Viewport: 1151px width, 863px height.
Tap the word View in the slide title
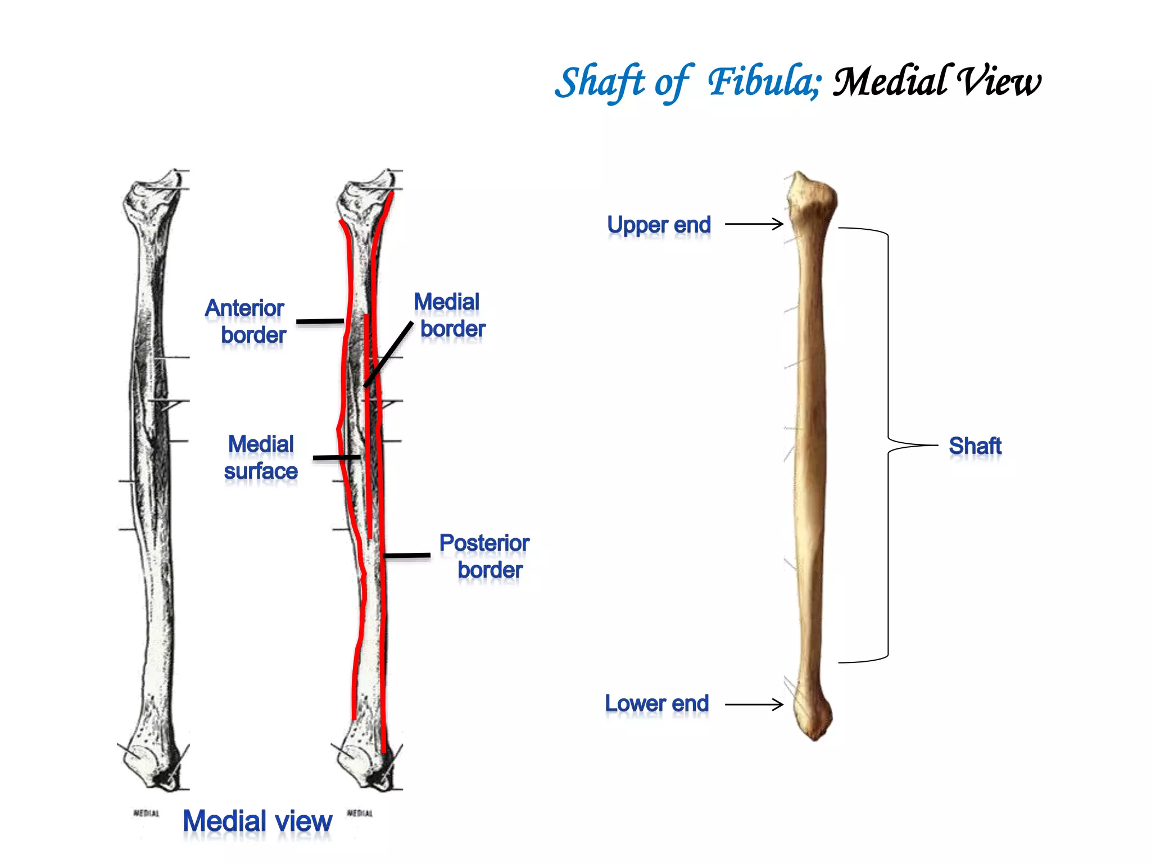click(998, 82)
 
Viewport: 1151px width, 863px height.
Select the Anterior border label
click(247, 321)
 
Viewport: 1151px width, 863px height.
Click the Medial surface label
click(261, 457)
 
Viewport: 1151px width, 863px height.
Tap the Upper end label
click(659, 225)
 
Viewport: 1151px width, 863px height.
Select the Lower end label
click(656, 703)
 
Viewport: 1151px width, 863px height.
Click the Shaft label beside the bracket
click(975, 446)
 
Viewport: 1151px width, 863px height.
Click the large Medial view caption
click(257, 821)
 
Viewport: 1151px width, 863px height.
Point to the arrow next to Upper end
click(754, 224)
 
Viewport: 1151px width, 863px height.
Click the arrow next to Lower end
click(754, 705)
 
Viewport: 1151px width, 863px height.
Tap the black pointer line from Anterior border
click(320, 321)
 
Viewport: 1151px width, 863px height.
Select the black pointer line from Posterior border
click(407, 556)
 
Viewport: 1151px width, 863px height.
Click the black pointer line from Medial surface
click(336, 458)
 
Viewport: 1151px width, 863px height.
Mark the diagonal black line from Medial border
click(389, 354)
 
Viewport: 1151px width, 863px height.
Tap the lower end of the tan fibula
click(813, 716)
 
